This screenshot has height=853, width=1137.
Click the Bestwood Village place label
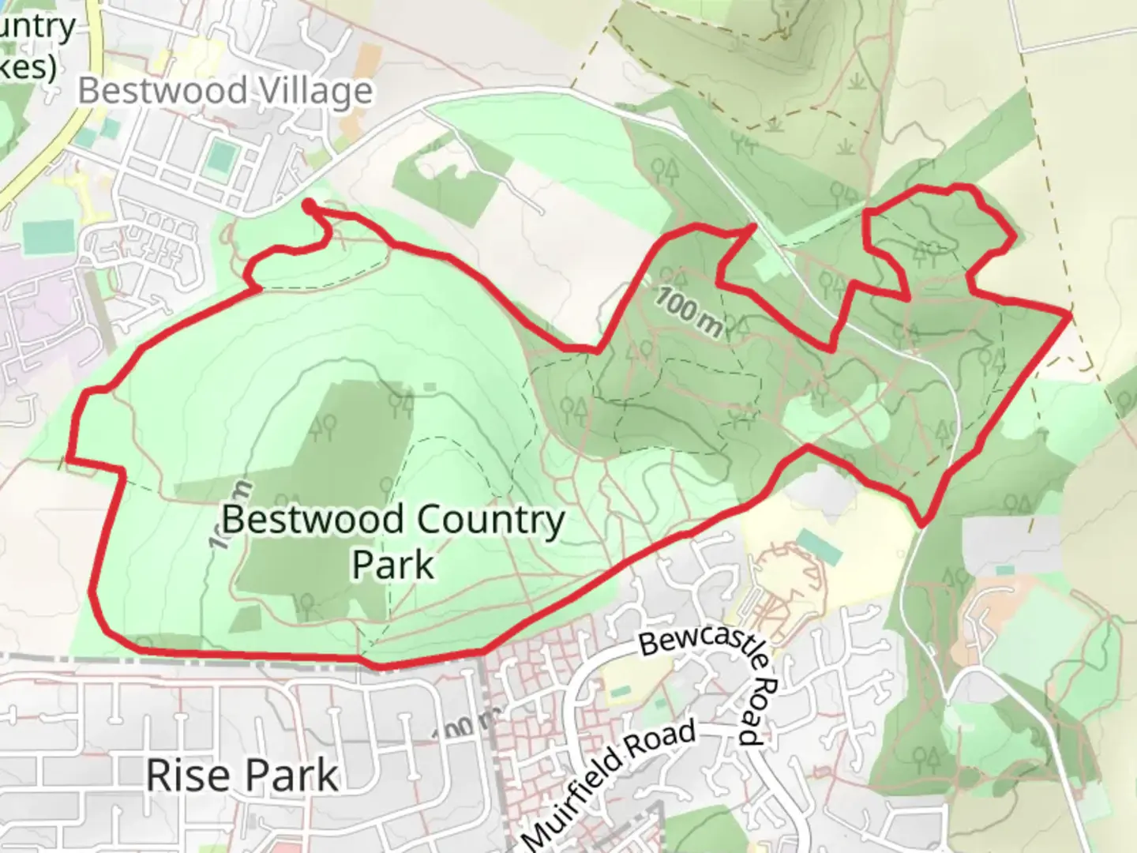(225, 91)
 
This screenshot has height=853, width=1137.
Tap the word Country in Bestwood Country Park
(490, 520)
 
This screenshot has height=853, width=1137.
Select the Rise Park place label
(242, 775)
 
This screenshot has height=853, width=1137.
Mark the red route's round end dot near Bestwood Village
(308, 205)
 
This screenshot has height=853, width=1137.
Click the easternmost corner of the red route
(1070, 315)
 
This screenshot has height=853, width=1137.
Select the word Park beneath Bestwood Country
(392, 565)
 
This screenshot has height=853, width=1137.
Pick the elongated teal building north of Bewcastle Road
(819, 547)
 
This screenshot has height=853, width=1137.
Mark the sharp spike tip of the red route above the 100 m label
(754, 226)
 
